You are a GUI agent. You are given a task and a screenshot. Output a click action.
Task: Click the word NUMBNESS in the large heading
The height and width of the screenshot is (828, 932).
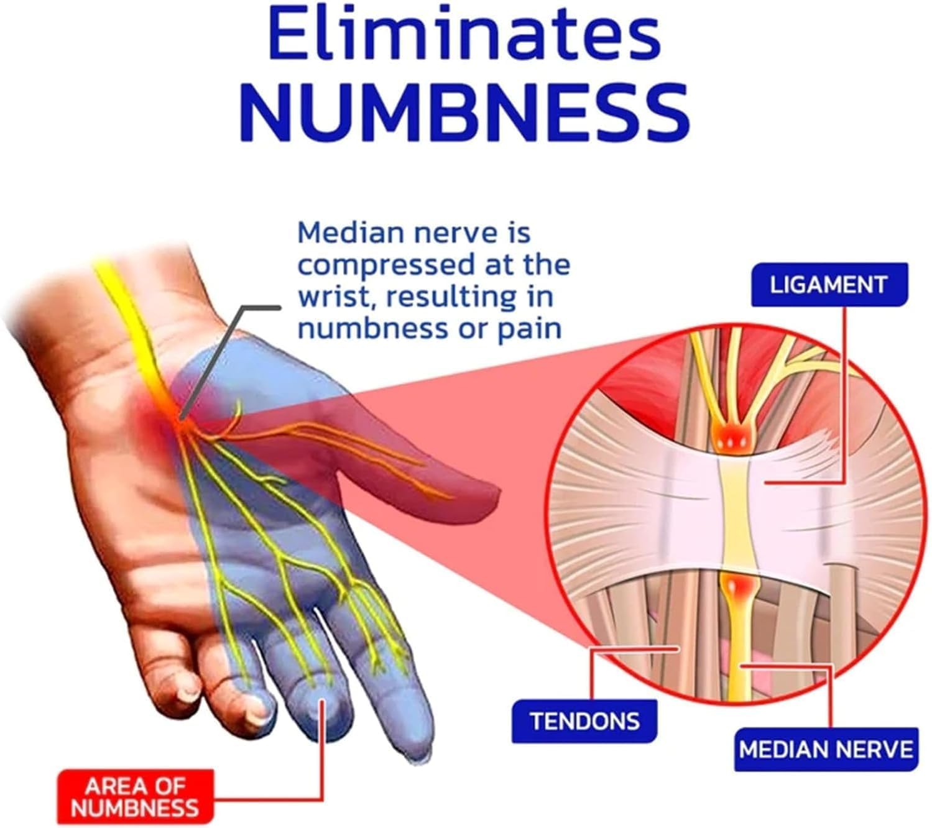464,112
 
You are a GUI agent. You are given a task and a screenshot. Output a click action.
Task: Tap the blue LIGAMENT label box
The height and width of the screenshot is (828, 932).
829,285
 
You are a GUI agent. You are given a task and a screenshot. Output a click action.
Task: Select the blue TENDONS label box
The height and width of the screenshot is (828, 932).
584,721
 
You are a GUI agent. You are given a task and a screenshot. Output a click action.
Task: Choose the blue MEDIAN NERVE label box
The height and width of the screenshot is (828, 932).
826,750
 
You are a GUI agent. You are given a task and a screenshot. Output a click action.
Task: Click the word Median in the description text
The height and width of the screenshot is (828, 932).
351,233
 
